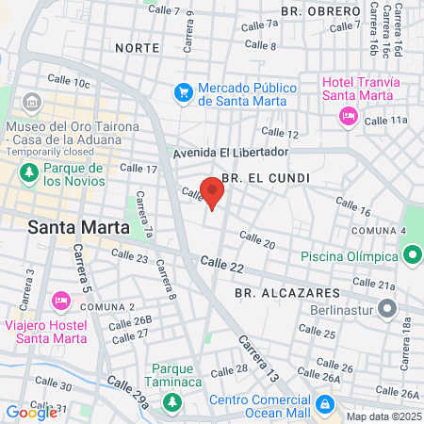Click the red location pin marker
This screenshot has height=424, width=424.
(212, 192)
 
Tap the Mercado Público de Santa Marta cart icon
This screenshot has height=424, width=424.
(184, 92)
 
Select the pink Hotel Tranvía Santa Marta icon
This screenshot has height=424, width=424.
(348, 116)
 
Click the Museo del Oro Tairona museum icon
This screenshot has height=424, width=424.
(31, 102)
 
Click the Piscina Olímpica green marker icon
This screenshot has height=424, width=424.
(411, 254)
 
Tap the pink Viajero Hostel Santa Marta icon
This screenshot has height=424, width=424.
(59, 301)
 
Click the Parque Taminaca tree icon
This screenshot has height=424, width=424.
(172, 402)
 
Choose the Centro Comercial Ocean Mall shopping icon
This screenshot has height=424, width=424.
(323, 403)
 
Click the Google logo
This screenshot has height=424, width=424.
(31, 412)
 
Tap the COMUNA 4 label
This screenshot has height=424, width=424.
(378, 231)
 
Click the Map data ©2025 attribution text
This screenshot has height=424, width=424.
(383, 416)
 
